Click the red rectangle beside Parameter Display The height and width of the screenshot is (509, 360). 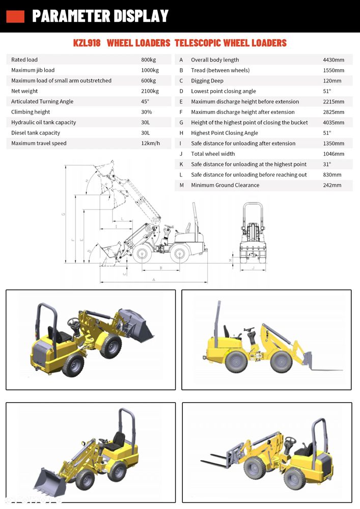(x=15, y=16)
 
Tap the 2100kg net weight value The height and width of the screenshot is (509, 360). (x=150, y=91)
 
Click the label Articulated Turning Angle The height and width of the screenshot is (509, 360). (x=42, y=102)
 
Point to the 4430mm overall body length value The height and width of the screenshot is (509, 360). (x=333, y=60)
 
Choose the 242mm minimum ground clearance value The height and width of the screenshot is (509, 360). (x=332, y=185)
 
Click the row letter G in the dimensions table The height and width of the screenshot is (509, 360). (x=181, y=123)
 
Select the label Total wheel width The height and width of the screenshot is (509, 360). (x=213, y=154)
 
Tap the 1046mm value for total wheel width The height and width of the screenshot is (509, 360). (x=333, y=154)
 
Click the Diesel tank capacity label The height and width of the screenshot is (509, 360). (x=36, y=133)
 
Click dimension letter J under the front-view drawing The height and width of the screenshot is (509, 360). (x=253, y=267)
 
